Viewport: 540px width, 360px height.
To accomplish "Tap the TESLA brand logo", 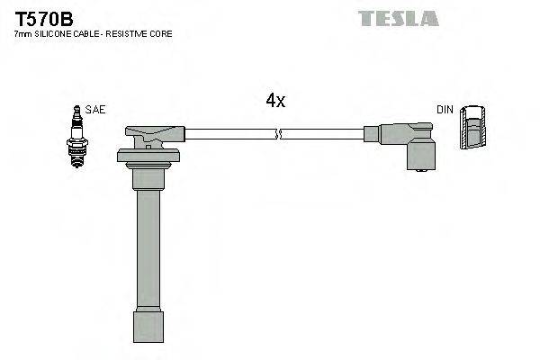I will [x=398, y=18].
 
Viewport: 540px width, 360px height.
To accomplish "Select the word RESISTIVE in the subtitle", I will [x=126, y=33].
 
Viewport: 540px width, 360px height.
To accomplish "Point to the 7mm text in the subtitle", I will [x=22, y=33].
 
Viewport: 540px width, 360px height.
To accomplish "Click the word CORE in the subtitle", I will [x=160, y=33].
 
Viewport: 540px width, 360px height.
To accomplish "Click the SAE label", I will [x=96, y=110].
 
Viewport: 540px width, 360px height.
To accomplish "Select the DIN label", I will [x=445, y=110].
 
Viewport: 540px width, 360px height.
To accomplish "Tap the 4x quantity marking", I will [x=275, y=102].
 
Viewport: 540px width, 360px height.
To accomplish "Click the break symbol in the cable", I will [x=278, y=134].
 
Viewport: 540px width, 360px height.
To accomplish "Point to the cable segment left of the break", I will [x=229, y=134].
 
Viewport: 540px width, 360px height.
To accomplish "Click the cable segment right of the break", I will [x=324, y=134].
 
